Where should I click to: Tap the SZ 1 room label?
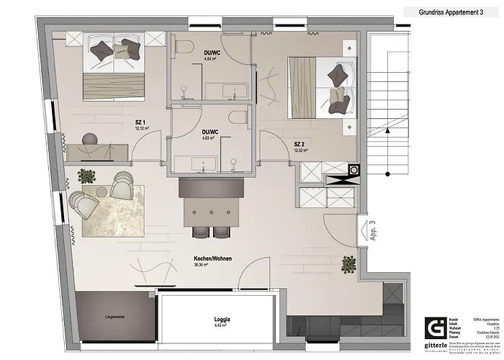point(140,122)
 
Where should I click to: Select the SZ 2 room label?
point(300,145)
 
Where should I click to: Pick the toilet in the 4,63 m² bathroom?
point(235,120)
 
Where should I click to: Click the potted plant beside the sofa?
point(87,175)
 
